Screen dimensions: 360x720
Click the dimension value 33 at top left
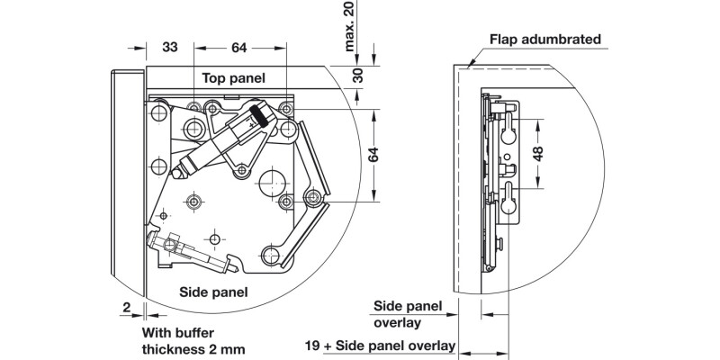point(170,47)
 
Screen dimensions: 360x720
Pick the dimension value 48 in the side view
point(537,153)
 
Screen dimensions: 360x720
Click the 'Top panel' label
point(233,78)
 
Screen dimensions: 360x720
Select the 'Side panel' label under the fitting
point(213,292)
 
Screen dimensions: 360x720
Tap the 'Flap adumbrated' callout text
point(544,40)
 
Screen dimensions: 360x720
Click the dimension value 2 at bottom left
point(128,307)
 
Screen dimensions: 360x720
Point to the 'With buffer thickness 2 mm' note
point(193,340)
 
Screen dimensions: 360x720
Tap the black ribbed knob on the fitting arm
point(257,115)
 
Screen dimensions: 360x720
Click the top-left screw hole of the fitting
point(158,111)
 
